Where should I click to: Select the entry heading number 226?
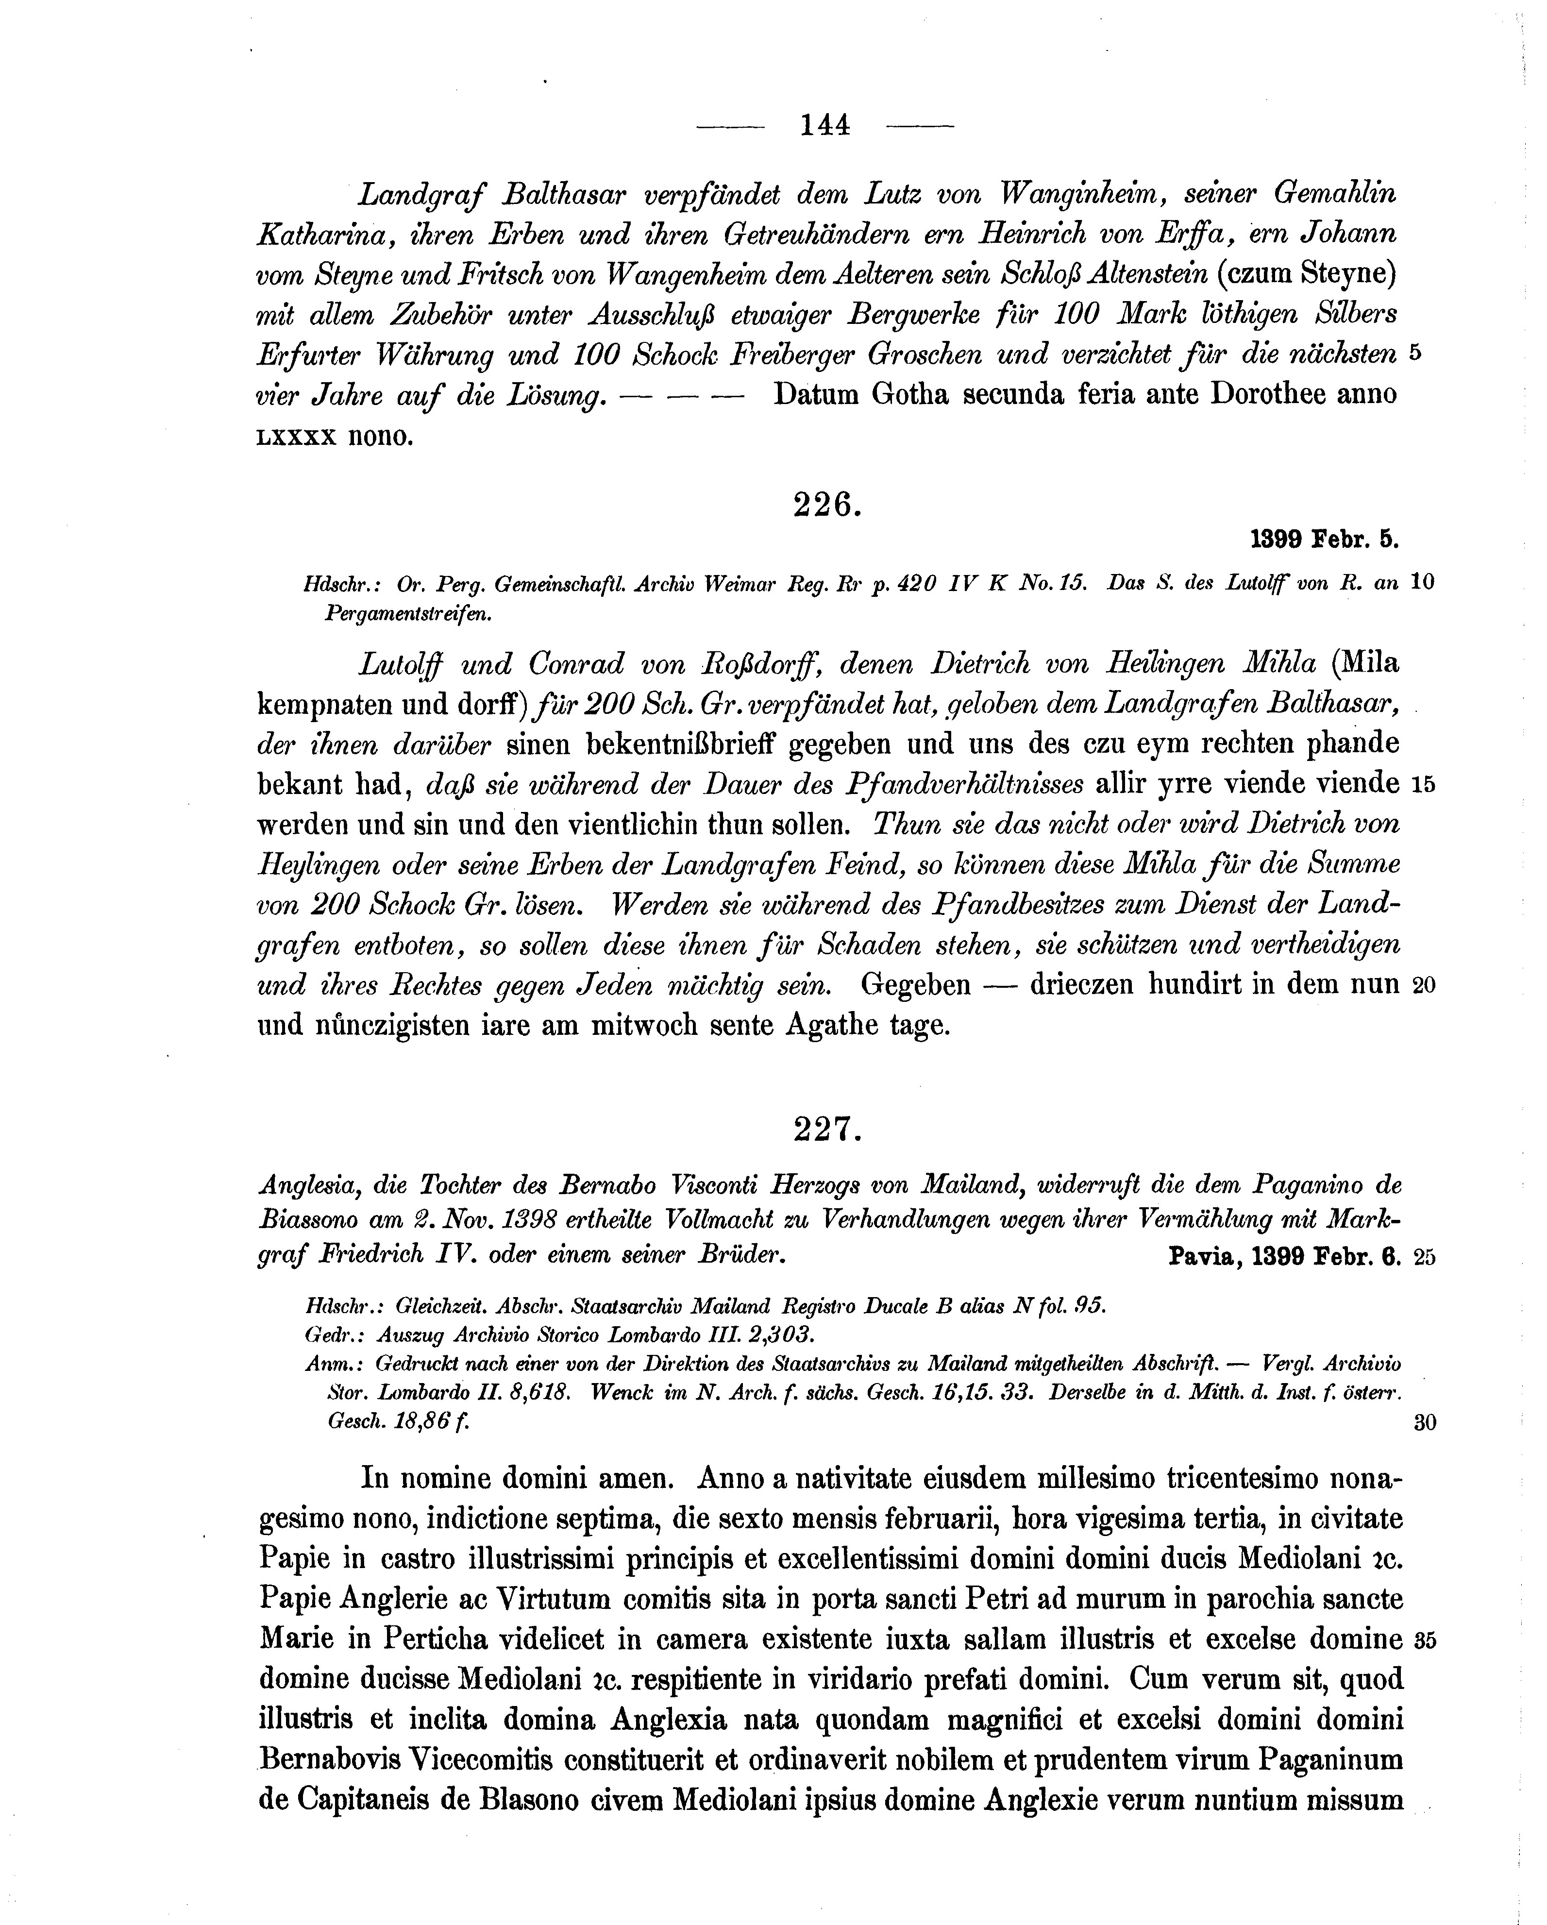click(x=826, y=506)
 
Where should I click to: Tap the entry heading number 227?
click(x=826, y=1131)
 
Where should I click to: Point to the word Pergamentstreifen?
click(x=410, y=614)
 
